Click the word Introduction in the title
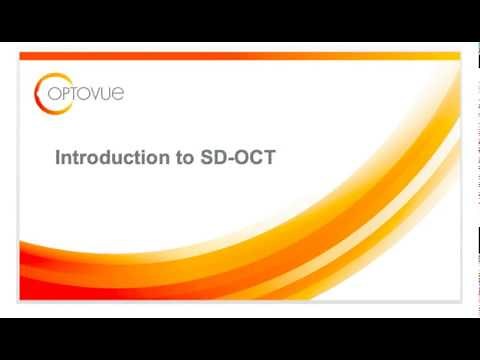click(106, 159)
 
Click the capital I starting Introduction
click(56, 159)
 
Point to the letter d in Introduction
click(100, 159)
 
